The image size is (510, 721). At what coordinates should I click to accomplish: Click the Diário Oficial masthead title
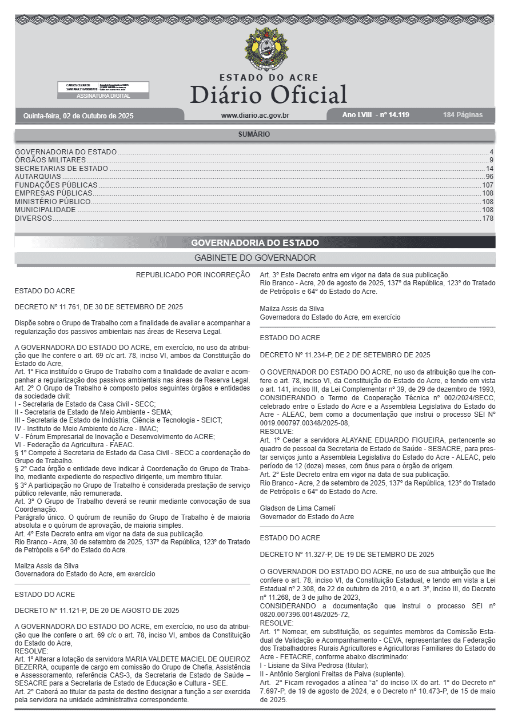point(268,94)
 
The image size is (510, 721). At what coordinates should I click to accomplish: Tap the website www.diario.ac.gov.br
point(255,115)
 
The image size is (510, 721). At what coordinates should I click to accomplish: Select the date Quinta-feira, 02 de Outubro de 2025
point(78,115)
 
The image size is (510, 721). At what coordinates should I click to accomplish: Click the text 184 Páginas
point(463,115)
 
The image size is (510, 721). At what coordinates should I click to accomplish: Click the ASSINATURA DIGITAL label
point(103,96)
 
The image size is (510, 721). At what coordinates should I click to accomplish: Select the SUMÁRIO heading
point(254,134)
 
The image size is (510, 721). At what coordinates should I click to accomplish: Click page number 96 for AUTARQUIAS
point(489,177)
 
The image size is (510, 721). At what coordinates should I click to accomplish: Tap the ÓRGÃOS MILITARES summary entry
point(50,160)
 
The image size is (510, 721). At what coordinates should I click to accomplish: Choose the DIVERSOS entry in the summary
point(33,218)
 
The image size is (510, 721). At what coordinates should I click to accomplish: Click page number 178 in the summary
point(488,218)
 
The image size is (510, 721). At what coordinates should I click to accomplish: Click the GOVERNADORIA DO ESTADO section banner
point(255,242)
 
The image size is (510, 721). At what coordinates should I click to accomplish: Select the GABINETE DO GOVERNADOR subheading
point(255,258)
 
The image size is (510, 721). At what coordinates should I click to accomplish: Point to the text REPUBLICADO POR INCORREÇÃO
point(193,275)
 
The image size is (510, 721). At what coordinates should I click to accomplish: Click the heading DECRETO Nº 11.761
point(98,307)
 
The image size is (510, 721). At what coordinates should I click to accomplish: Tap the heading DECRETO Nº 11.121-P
point(97,610)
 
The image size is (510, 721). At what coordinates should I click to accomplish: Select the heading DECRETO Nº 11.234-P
point(345,355)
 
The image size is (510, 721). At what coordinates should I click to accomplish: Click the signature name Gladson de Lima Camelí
point(297,508)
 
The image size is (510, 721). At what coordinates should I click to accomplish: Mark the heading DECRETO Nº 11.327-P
point(346,555)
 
